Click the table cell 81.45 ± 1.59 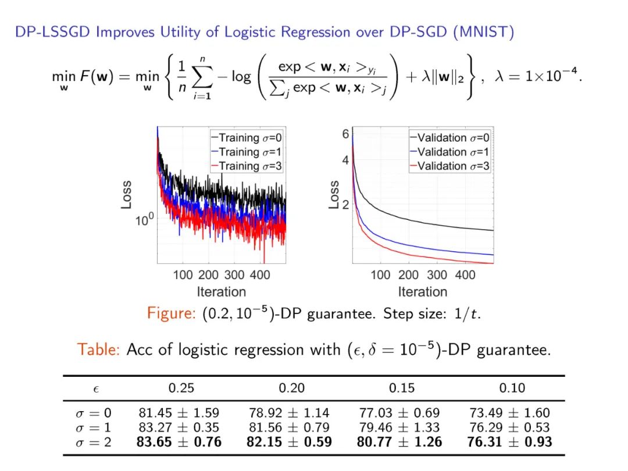pyautogui.click(x=179, y=413)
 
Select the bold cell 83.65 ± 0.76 pyautogui.click(x=179, y=442)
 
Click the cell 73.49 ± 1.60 pyautogui.click(x=509, y=413)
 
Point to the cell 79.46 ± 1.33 pyautogui.click(x=401, y=427)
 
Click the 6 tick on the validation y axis pyautogui.click(x=345, y=134)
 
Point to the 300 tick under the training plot pyautogui.click(x=234, y=274)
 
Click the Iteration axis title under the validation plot pyautogui.click(x=423, y=291)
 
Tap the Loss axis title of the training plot pyautogui.click(x=126, y=195)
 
